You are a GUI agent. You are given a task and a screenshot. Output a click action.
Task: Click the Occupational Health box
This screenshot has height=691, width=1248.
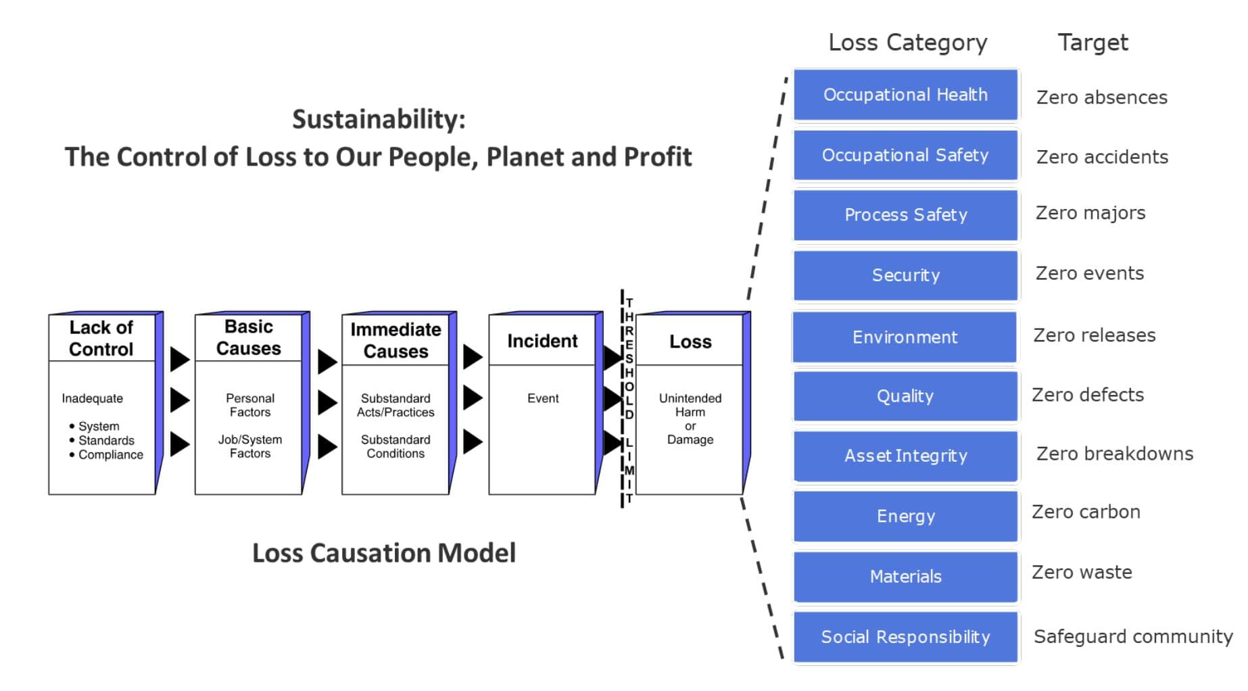point(905,95)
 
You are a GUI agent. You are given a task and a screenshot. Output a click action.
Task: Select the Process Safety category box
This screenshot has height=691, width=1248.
point(905,215)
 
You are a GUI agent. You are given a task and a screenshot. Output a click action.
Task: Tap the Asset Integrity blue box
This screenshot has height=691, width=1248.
point(905,456)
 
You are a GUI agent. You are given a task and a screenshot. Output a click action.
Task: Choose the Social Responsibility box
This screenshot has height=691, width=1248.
point(905,637)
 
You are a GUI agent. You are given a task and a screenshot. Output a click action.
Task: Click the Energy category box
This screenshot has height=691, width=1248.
point(905,516)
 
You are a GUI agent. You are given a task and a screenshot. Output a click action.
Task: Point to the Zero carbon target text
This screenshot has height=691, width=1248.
point(1086,512)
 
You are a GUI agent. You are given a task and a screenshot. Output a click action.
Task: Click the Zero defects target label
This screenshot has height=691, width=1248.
point(1088,395)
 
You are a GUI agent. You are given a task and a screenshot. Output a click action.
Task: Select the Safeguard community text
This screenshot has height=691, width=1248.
point(1133,637)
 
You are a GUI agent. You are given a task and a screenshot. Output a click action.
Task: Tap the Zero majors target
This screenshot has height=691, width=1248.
point(1090,213)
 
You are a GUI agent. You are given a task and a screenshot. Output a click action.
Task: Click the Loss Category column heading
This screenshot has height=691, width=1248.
point(907,43)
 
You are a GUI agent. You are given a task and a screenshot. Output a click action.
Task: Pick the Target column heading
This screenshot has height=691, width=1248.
point(1093,43)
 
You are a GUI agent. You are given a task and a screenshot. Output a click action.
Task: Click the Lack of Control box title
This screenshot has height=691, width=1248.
point(101,338)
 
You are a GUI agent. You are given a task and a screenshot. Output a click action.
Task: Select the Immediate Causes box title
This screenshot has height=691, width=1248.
point(395,340)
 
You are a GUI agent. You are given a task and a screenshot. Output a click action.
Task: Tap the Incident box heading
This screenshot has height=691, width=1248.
point(542,341)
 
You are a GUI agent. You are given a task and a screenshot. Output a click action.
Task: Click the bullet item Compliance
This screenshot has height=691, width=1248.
point(110,455)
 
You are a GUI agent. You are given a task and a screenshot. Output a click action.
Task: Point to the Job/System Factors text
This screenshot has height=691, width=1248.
point(249,446)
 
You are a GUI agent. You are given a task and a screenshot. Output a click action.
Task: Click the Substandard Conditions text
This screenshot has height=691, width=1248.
point(395,446)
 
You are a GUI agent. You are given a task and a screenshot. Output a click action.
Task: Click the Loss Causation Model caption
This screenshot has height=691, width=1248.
point(383,553)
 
